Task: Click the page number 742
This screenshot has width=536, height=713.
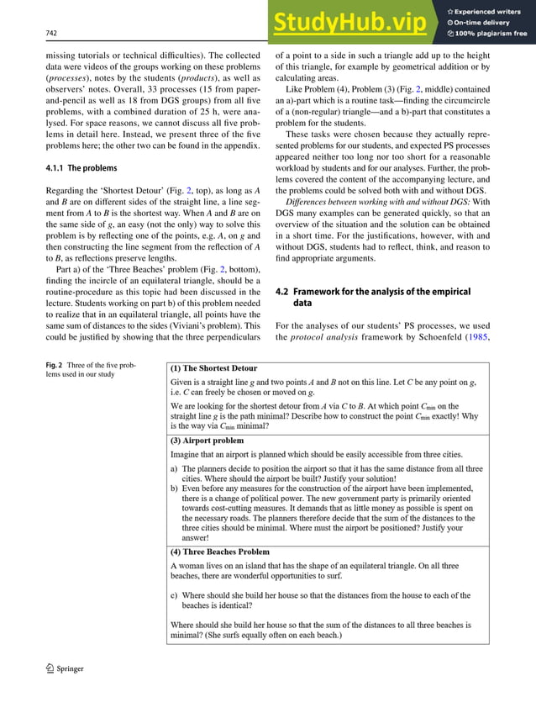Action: point(50,33)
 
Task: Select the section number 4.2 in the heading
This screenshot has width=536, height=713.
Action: point(283,291)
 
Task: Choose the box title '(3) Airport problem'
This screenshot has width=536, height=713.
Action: point(207,440)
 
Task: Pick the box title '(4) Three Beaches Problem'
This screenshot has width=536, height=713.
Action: point(219,552)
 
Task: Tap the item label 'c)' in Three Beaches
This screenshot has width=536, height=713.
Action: point(174,595)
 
